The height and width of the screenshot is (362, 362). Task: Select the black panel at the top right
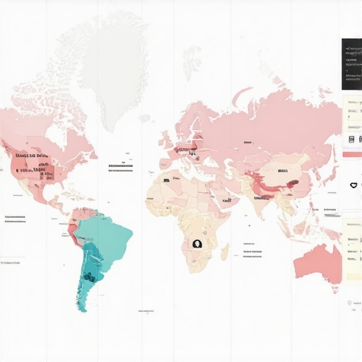click(x=351, y=64)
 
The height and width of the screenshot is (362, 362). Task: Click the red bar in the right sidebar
click(x=351, y=154)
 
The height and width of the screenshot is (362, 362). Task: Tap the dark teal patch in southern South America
click(x=89, y=276)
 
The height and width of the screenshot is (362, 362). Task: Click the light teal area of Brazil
click(x=110, y=237)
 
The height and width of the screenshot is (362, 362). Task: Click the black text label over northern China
click(x=283, y=171)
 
